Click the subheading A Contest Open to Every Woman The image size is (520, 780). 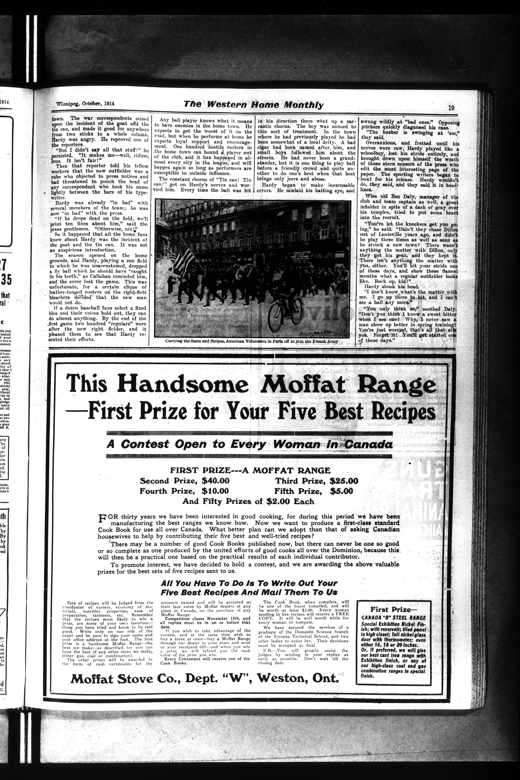(x=249, y=444)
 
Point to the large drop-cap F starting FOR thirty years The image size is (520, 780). (x=102, y=518)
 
